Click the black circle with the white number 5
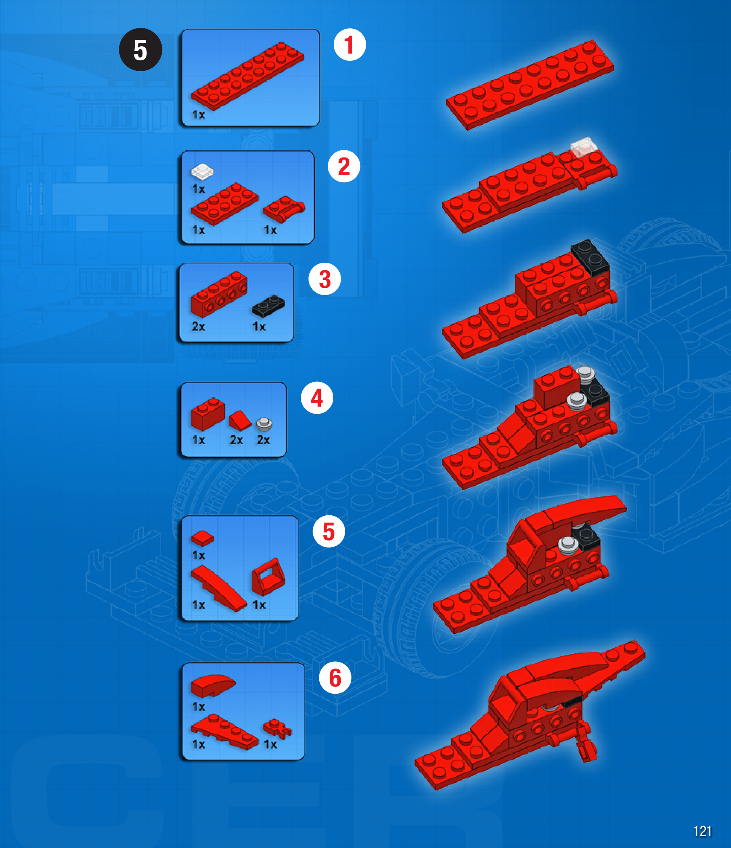140,50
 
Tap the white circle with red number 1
350,45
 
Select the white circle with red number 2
344,166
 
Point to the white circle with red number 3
325,279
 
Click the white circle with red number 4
317,398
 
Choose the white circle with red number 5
329,531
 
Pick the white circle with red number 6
335,678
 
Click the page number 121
702,831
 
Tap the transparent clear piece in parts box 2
202,172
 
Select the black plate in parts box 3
268,306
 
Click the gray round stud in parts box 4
264,425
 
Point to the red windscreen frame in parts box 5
268,577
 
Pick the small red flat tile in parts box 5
202,539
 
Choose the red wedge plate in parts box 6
224,732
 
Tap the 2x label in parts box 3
198,327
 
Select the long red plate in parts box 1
247,76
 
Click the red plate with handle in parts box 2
284,209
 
